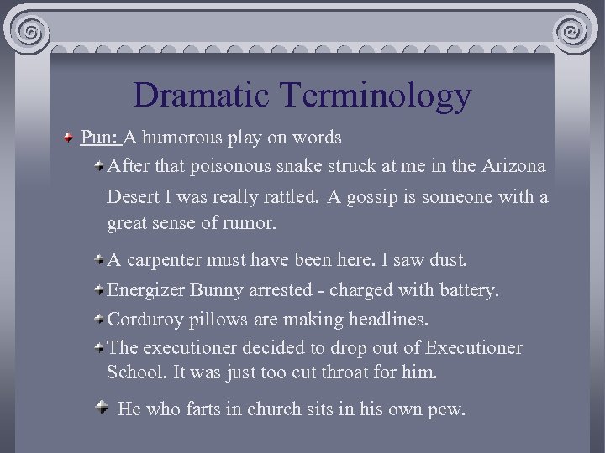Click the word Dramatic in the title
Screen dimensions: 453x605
tap(201, 95)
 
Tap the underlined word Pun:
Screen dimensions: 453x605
tap(102, 137)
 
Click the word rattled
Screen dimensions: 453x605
tap(289, 197)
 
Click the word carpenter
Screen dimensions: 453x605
tap(162, 261)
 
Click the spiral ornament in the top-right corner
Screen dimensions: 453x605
tap(574, 33)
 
